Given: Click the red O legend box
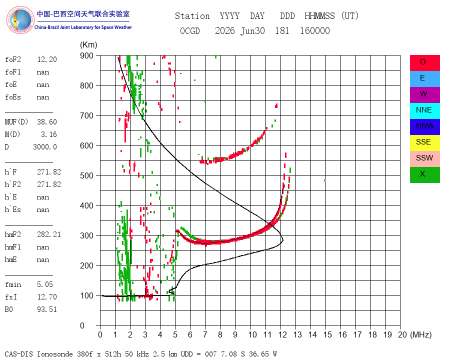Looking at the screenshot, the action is (424, 63).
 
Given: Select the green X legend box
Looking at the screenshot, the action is (424, 175).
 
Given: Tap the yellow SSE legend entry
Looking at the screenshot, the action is (424, 143).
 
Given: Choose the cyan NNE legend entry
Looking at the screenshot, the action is (424, 111).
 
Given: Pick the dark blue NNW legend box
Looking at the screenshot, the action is (424, 127).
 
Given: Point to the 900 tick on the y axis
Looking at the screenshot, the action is (86, 55).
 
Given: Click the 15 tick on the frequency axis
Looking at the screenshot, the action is (327, 334).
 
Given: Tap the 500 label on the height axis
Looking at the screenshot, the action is (86, 175).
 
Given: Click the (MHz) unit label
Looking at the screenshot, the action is (421, 334).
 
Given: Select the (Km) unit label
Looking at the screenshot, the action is (88, 45).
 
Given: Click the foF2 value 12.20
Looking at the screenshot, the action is (47, 59).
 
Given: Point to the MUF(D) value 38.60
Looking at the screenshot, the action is (47, 122).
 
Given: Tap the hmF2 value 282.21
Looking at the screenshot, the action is (49, 234).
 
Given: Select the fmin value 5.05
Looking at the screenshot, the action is (45, 284).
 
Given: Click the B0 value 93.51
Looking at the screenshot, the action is (47, 309).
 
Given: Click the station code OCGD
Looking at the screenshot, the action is (190, 30).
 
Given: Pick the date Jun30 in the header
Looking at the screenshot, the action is (252, 30).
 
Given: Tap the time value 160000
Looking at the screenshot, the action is (315, 30).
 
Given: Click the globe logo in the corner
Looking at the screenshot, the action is (20, 20).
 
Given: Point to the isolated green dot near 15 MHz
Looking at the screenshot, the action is (324, 180).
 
